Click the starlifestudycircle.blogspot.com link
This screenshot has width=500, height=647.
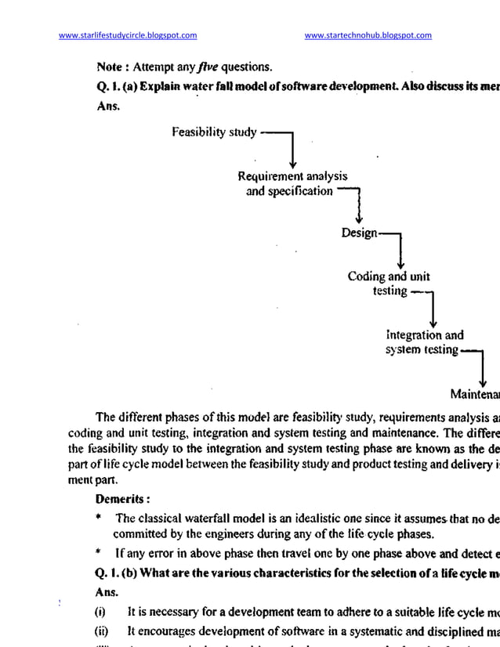pyautogui.click(x=128, y=34)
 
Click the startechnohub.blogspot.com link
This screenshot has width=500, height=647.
pyautogui.click(x=368, y=34)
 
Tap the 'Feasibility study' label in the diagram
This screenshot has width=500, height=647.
pyautogui.click(x=214, y=132)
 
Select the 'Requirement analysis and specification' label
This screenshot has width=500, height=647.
pyautogui.click(x=292, y=183)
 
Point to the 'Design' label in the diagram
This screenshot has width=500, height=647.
pyautogui.click(x=359, y=233)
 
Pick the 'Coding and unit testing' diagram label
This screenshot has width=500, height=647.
pyautogui.click(x=389, y=284)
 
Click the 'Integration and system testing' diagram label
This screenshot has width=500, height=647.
pyautogui.click(x=424, y=342)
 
